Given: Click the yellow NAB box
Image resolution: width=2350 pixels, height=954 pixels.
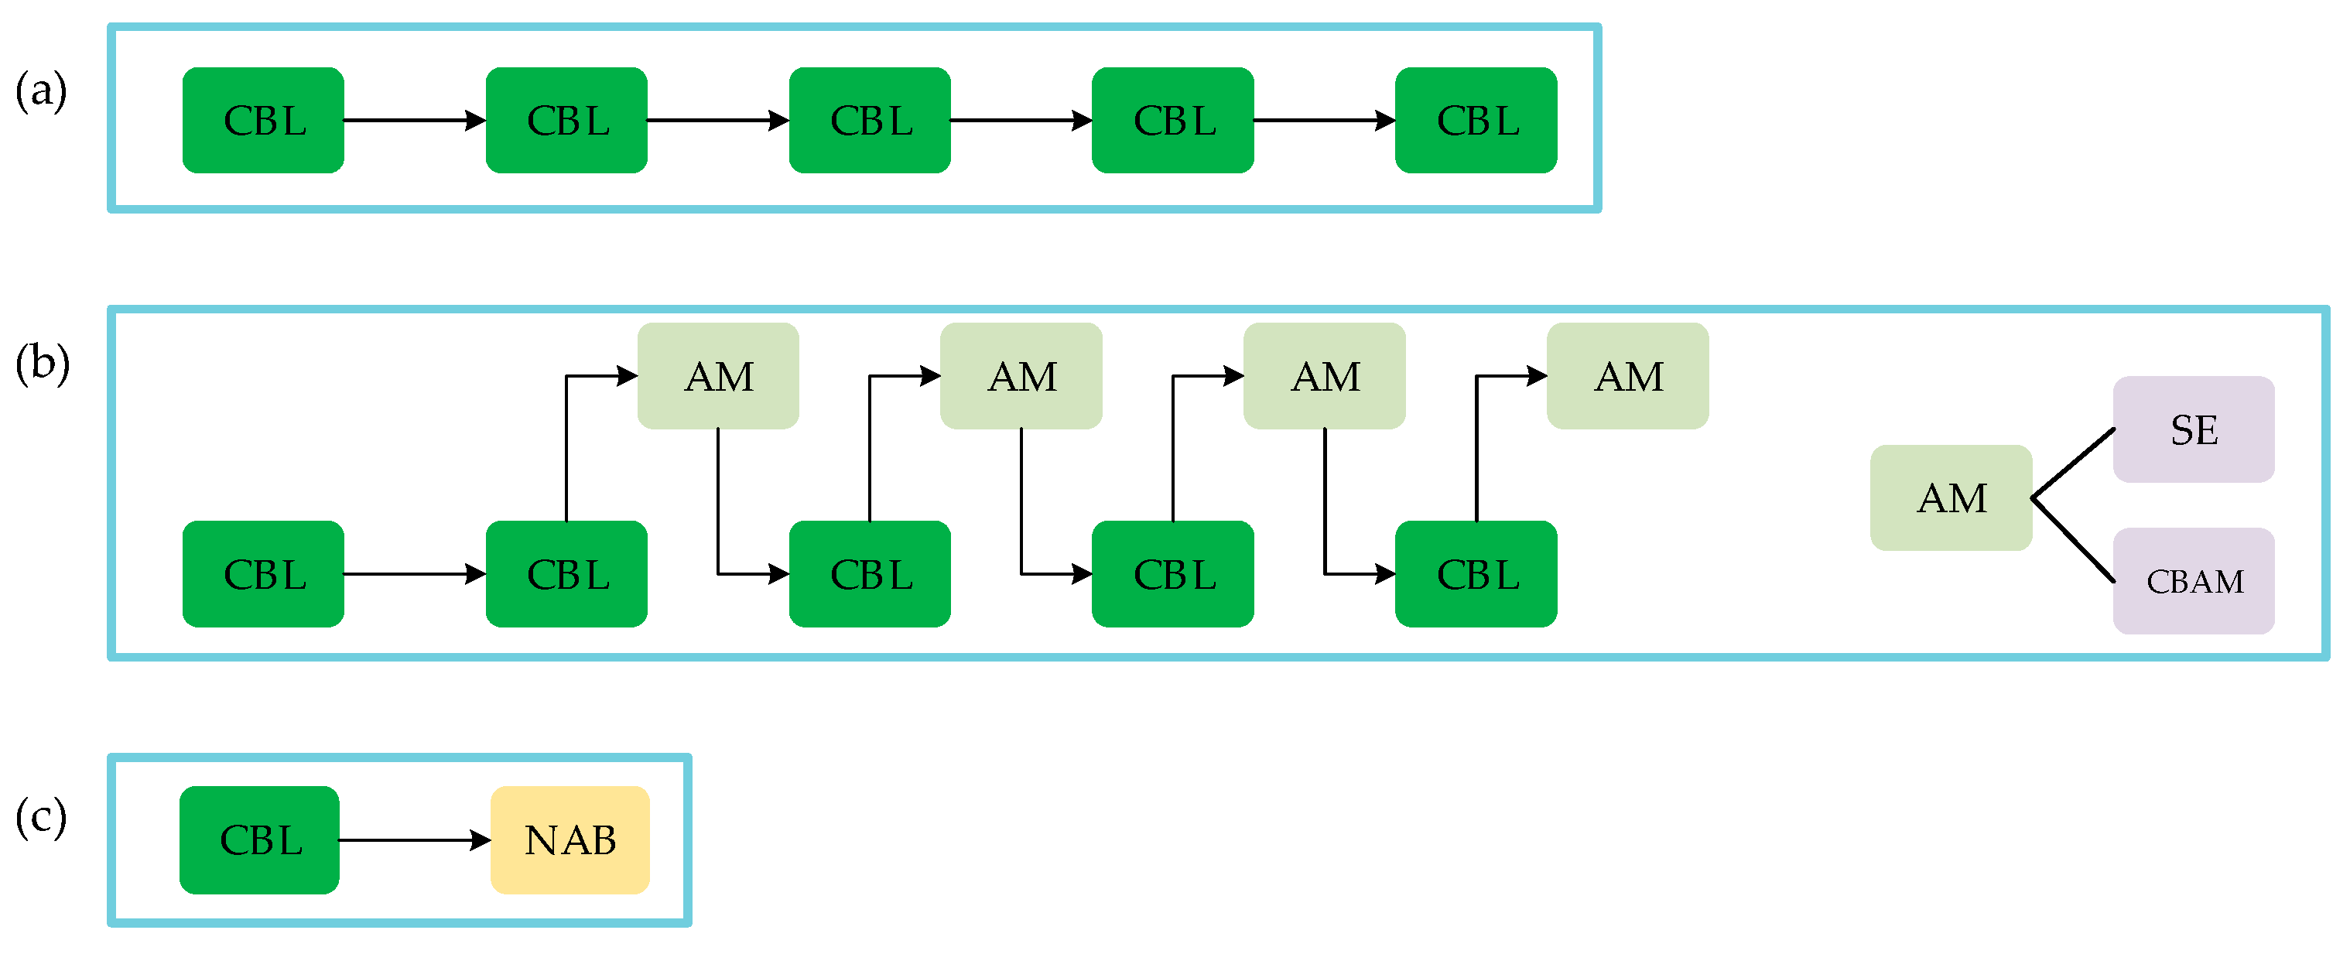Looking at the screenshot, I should point(570,840).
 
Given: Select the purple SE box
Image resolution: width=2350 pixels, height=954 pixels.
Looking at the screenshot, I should point(2193,429).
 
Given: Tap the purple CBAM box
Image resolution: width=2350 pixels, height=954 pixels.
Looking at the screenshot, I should point(2193,581).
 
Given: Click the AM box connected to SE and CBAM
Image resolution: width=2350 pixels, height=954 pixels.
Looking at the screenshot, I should point(1951,498).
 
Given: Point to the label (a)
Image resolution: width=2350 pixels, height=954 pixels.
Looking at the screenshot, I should point(41,91).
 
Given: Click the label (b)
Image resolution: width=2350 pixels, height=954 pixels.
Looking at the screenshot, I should point(42,363).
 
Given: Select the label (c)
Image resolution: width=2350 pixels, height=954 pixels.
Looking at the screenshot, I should point(41,816).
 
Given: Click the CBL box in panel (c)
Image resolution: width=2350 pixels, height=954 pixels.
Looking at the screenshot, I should point(260,840).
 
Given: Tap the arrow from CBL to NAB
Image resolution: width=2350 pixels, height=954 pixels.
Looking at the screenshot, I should point(414,840).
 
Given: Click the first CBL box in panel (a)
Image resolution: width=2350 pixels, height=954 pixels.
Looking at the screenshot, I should point(264,121).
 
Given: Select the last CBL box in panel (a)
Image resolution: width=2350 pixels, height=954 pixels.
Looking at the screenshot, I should point(1476,121).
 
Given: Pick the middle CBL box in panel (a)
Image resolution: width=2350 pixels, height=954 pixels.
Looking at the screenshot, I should point(870,121).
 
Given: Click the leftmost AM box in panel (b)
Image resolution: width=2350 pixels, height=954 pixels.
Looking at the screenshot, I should point(718,376).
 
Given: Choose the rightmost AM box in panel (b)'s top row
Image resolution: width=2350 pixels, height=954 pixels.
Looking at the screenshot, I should point(1627,376).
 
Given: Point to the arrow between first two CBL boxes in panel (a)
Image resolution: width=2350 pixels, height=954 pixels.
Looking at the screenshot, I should point(414,121).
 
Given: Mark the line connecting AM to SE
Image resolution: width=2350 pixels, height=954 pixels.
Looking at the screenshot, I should point(2074,463).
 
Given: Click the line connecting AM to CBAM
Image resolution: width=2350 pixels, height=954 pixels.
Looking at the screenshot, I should point(2074,540).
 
